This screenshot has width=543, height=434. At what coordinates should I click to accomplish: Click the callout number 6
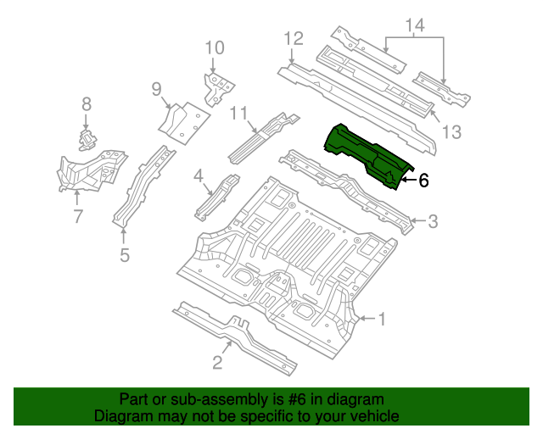[423, 179]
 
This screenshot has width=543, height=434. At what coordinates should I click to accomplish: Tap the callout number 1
[382, 319]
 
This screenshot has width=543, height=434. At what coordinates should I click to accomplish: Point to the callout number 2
[217, 364]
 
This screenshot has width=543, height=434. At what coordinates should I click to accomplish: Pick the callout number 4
[199, 175]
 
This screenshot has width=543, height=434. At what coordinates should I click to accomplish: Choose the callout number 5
[125, 253]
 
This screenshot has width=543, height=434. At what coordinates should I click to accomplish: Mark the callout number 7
[78, 216]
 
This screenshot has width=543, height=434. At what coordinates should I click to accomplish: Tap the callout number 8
[86, 104]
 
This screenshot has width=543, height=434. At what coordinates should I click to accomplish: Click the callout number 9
[156, 89]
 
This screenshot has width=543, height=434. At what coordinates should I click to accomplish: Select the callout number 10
[214, 47]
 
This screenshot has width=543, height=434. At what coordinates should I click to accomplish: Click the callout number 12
[293, 38]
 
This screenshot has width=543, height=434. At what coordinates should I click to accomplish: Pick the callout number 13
[451, 131]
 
